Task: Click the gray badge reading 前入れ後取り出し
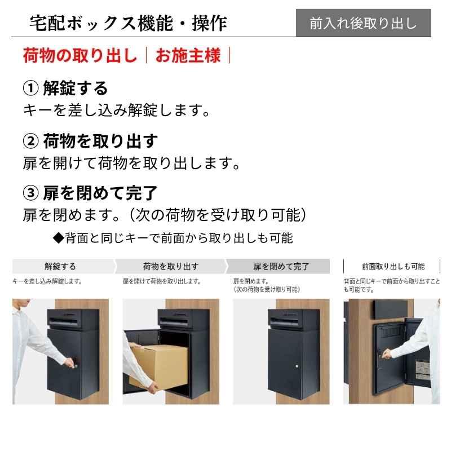pyautogui.click(x=363, y=23)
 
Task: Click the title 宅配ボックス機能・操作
pyautogui.click(x=129, y=23)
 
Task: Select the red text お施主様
pyautogui.click(x=188, y=56)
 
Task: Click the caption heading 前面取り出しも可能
pyautogui.click(x=393, y=267)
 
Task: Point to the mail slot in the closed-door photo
pyautogui.click(x=293, y=321)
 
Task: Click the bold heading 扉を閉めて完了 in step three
pyautogui.click(x=100, y=193)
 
